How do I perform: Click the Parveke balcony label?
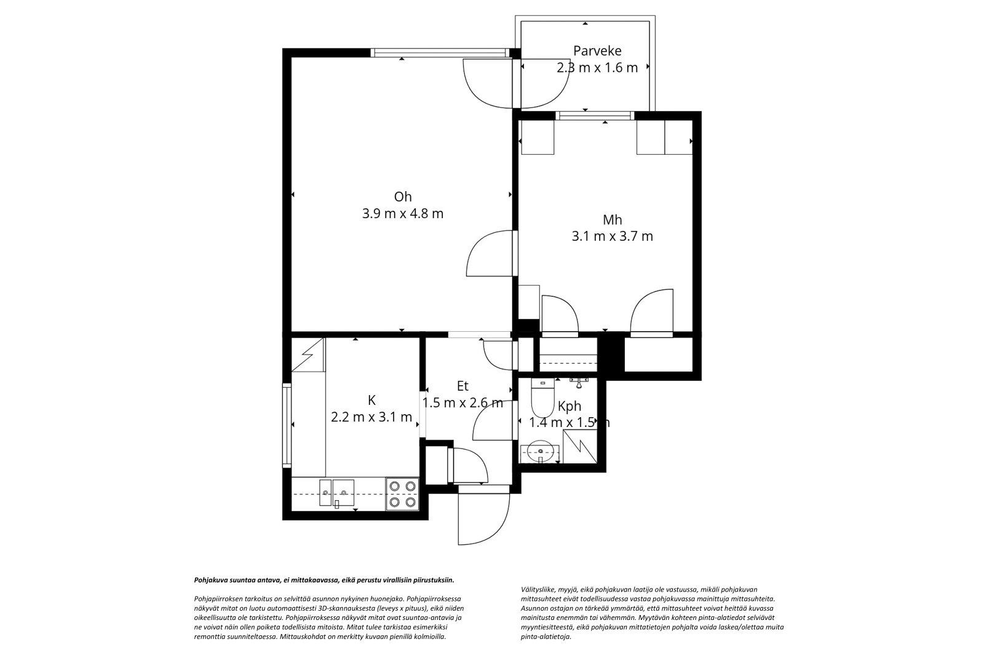[597, 51]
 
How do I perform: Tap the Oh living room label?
[402, 197]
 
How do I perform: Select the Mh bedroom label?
[612, 219]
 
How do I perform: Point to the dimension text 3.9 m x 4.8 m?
[402, 214]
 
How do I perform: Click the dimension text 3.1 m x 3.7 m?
[612, 237]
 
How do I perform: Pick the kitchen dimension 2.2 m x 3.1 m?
[371, 417]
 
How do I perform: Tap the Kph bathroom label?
[569, 407]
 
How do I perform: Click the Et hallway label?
[462, 386]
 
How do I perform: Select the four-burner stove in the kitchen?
[402, 494]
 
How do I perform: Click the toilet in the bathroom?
[542, 398]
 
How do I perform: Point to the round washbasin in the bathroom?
[540, 453]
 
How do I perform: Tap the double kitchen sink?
[336, 492]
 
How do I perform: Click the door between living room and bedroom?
[490, 253]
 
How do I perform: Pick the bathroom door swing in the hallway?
[493, 420]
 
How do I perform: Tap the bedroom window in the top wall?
[595, 116]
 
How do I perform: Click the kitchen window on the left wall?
[287, 425]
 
